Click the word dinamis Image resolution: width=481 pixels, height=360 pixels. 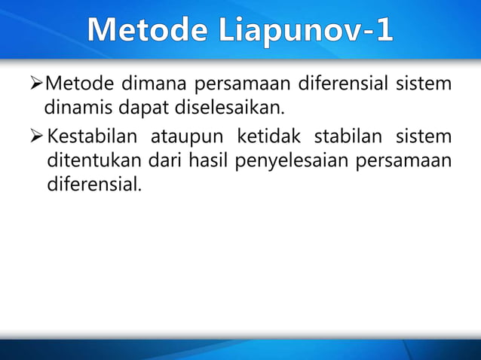[x=75, y=105]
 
